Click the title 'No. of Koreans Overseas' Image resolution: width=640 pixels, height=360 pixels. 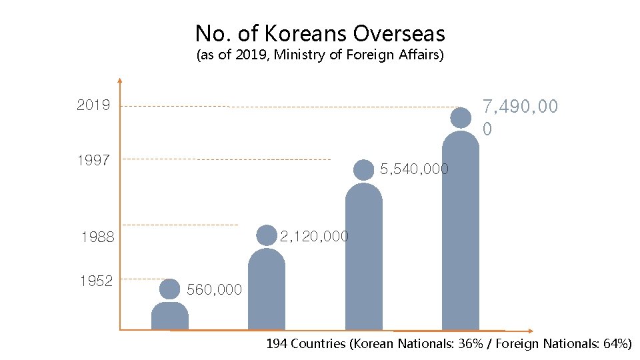[x=320, y=33]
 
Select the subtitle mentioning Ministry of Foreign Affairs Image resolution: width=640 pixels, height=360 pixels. [x=320, y=55]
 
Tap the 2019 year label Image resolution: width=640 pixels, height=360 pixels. [x=93, y=105]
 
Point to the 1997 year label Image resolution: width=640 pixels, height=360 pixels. [x=93, y=160]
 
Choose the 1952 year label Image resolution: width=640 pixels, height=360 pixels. [x=96, y=281]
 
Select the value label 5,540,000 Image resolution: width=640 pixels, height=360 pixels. [x=414, y=169]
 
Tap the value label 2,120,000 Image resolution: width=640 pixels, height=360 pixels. [x=314, y=236]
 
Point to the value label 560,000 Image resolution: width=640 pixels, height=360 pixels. [x=214, y=289]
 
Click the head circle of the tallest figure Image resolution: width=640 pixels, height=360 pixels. [x=461, y=117]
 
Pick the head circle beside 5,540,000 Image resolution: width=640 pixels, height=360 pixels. [x=363, y=170]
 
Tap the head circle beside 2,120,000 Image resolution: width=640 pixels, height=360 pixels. [x=267, y=235]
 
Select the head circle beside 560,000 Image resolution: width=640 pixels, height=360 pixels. [x=170, y=289]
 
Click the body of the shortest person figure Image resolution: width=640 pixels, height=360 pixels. [x=170, y=317]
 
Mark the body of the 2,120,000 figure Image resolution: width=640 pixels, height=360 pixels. [x=267, y=290]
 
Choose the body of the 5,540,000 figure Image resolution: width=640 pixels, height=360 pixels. [x=363, y=257]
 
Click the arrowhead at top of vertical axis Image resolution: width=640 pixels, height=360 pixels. [x=119, y=81]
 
